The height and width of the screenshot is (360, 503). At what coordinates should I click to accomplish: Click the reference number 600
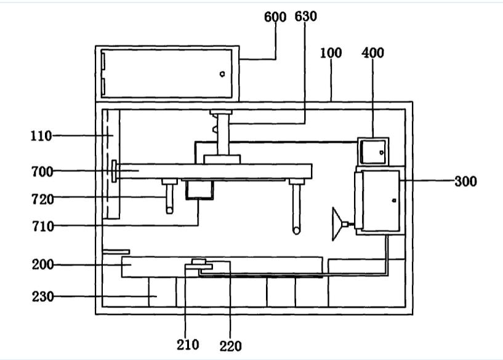(275, 17)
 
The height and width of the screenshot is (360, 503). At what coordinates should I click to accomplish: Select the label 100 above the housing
(331, 53)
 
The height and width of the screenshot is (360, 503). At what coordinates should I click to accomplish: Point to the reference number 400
(372, 53)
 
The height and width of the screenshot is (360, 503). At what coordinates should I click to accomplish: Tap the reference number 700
(42, 171)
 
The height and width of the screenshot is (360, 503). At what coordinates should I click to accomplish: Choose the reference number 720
(42, 199)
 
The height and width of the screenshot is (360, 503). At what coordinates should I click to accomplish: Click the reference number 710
(42, 226)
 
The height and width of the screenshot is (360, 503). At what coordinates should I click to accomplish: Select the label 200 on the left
(42, 265)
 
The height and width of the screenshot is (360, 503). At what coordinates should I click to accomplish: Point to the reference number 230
(42, 297)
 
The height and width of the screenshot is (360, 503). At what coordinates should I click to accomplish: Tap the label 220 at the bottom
(230, 346)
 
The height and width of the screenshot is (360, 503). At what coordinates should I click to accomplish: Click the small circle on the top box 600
(222, 74)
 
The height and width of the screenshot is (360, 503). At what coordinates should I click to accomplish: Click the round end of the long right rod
(297, 230)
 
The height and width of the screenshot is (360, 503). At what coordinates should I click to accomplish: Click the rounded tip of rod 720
(169, 210)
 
